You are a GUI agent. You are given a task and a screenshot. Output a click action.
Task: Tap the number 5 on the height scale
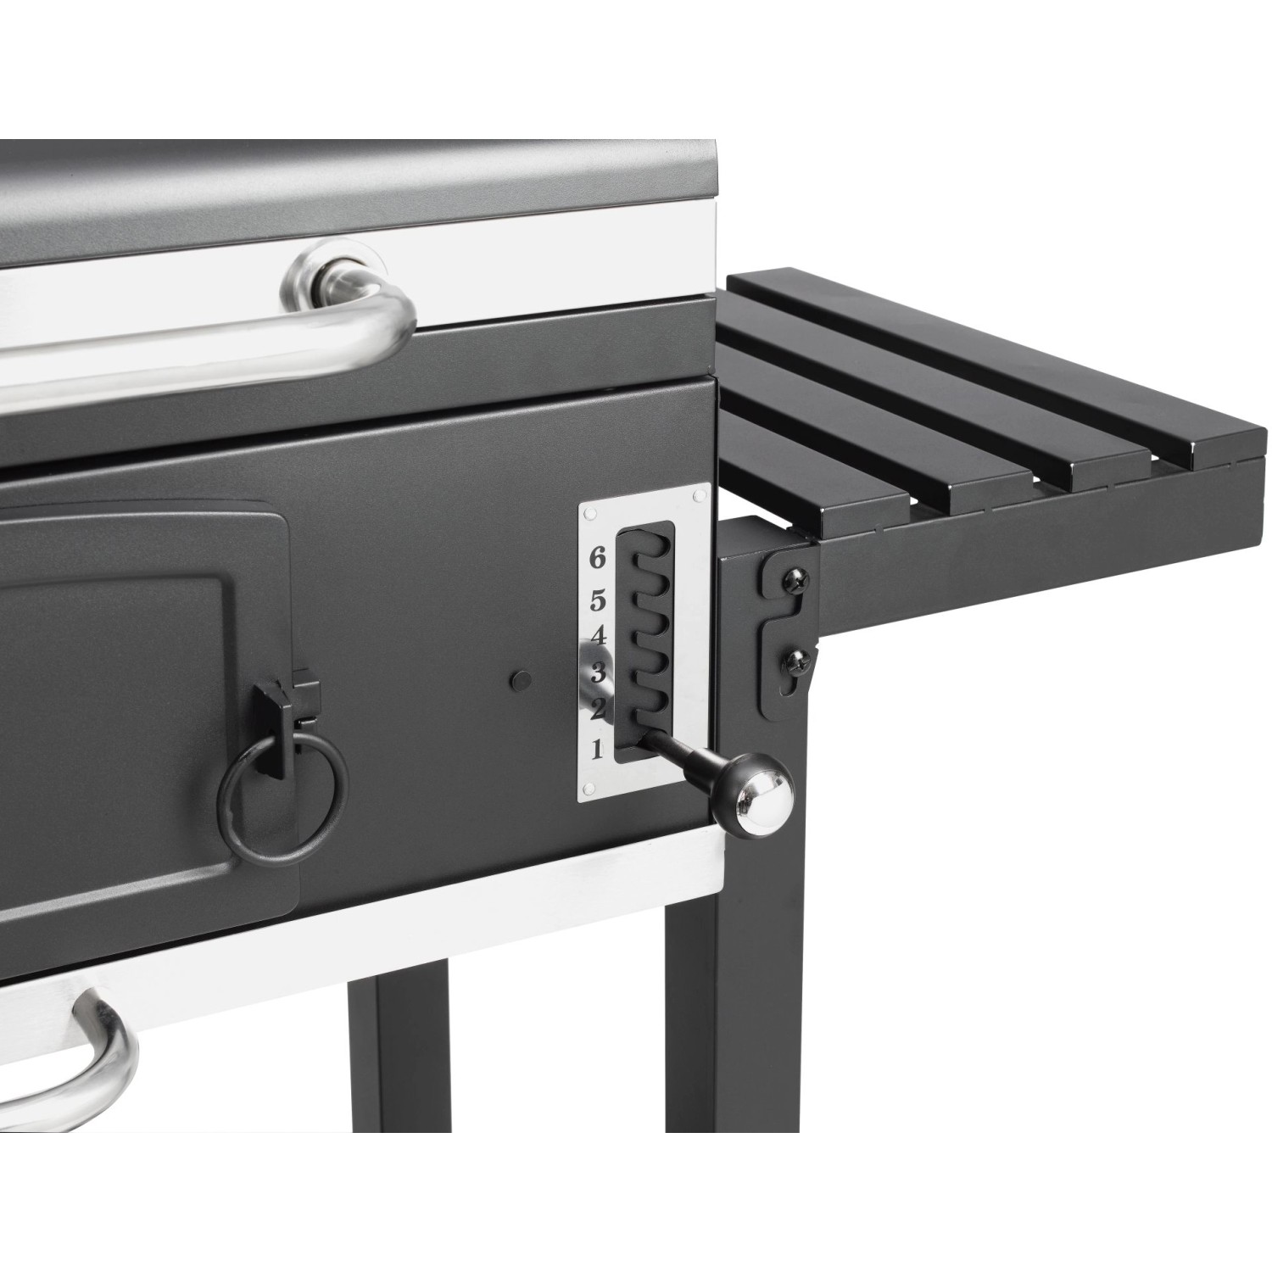click(598, 602)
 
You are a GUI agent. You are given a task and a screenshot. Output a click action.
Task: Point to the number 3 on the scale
click(598, 674)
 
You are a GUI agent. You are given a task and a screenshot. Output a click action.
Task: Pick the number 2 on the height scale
click(598, 709)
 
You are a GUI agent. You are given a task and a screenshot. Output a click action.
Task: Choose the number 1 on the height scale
click(597, 748)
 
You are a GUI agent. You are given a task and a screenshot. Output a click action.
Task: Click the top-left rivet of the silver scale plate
click(592, 513)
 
